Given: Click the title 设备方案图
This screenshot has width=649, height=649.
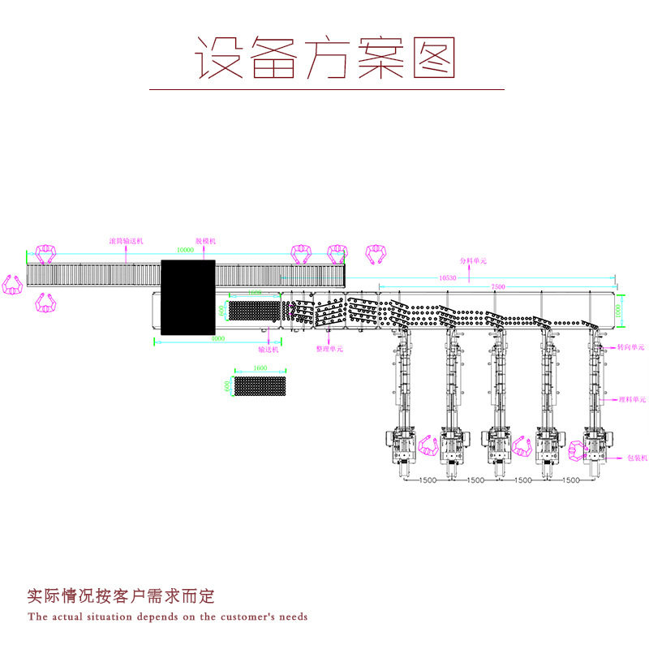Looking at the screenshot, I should [x=324, y=58].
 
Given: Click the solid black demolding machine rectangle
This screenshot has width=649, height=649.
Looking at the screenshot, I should [x=187, y=297].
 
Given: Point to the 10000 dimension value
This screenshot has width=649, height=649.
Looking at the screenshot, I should [x=185, y=251].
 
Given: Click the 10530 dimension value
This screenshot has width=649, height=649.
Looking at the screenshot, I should [x=447, y=277].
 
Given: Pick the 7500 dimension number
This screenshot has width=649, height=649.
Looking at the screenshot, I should [x=498, y=286].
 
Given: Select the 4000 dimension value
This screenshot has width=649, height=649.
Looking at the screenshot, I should [x=217, y=339].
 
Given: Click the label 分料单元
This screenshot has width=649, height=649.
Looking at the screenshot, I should [x=473, y=261].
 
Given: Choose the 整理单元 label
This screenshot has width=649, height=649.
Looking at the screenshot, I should [x=329, y=349].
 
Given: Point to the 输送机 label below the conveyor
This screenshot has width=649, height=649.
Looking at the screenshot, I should [x=269, y=350].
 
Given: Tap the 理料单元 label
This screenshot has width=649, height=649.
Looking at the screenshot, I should [x=632, y=399].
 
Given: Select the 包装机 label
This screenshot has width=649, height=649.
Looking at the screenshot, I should [x=637, y=458].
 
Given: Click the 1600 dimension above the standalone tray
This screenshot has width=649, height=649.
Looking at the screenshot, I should [x=260, y=368].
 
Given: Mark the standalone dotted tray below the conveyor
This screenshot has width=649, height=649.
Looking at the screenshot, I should [x=260, y=386].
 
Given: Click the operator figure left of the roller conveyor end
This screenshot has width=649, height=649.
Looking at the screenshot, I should [x=12, y=285].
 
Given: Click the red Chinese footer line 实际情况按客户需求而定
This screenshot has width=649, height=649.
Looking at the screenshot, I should [x=121, y=596].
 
